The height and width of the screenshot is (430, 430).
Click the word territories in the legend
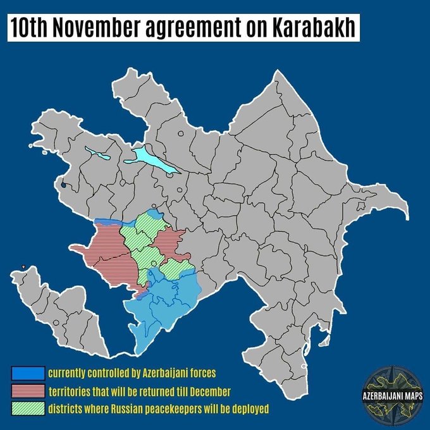pos(71,390)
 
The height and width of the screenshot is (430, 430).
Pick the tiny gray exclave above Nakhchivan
pos(23,267)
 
